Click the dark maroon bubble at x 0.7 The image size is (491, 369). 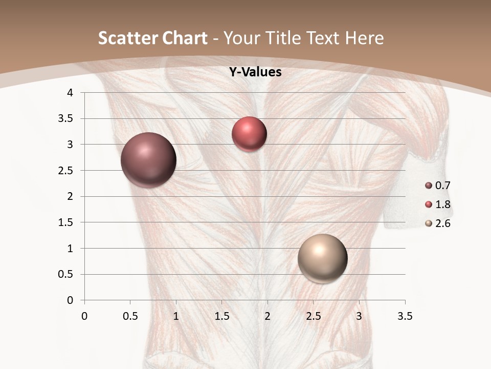point(148,160)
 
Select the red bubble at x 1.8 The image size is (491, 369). point(249,134)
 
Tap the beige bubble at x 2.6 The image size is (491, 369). point(322,259)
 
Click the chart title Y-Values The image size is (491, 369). point(255,72)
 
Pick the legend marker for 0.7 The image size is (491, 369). point(429,186)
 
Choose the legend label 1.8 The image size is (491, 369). point(442,204)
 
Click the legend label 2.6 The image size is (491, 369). point(442,223)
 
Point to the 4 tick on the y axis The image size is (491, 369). point(70,93)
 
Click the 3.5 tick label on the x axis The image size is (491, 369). point(405,316)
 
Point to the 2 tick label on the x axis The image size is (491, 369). point(267,316)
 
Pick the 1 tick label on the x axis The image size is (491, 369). point(176,316)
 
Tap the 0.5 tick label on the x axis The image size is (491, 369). point(130,316)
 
